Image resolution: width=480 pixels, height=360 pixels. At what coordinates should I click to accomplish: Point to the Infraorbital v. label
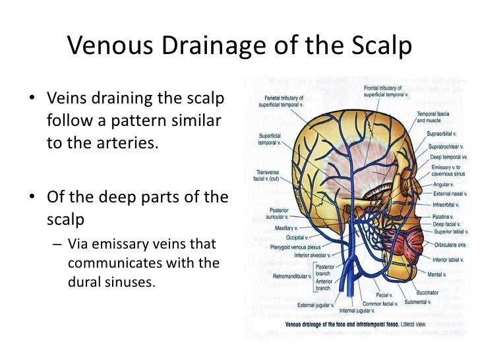point(447,204)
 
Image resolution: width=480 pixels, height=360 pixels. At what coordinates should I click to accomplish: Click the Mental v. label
point(436,274)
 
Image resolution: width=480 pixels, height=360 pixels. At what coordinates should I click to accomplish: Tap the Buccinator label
point(427,291)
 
